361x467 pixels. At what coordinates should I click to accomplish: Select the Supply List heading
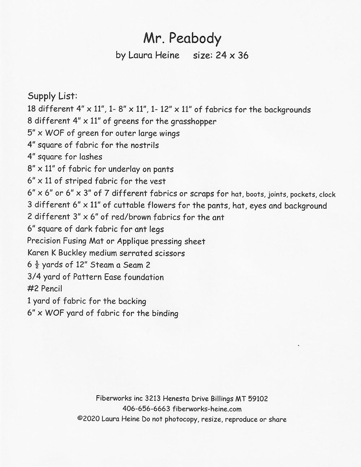point(52,97)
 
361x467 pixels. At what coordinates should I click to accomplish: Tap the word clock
point(327,195)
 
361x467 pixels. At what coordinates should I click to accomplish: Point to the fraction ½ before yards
point(36,265)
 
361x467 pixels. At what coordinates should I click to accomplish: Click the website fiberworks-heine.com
point(207,409)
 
